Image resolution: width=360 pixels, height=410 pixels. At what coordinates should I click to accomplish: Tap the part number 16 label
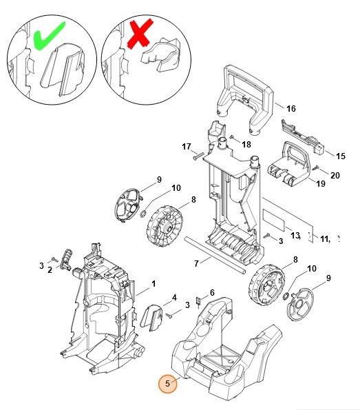(x=290, y=109)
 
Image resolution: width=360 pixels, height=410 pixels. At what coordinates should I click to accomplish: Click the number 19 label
(x=321, y=183)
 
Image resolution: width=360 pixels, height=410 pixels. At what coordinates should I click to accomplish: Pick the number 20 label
(x=335, y=175)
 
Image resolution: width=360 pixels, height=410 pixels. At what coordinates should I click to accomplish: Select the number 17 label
(x=186, y=146)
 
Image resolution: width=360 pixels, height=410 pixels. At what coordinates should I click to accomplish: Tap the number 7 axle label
(x=196, y=263)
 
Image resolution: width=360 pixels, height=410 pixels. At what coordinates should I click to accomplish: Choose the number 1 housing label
(x=153, y=283)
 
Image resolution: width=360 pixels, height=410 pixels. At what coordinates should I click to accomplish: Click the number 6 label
(x=212, y=293)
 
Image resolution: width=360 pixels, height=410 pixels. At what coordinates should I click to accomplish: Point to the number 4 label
(x=175, y=298)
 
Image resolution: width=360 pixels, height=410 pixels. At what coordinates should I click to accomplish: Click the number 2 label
(x=50, y=270)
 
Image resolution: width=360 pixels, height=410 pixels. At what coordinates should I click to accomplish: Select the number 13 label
(x=296, y=236)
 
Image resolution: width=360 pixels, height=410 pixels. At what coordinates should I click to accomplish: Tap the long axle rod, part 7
(x=213, y=256)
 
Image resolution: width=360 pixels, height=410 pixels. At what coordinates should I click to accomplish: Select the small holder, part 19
(x=285, y=165)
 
